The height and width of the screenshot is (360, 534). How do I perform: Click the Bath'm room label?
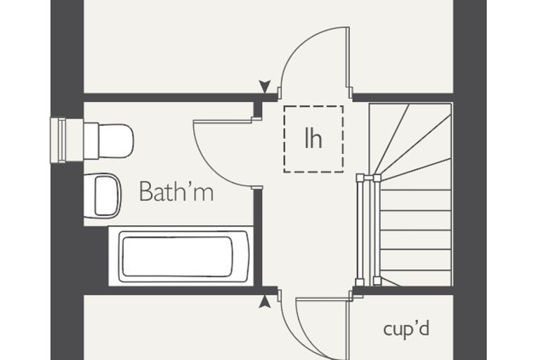176,191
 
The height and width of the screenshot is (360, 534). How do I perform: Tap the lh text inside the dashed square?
313,138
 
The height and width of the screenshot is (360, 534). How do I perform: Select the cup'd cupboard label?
406,329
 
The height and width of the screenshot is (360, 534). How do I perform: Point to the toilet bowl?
116,141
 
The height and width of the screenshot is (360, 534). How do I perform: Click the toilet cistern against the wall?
91,141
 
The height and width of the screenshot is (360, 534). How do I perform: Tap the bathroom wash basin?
102,195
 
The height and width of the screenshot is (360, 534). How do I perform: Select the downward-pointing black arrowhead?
265,86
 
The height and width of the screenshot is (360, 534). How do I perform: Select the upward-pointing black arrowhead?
265,302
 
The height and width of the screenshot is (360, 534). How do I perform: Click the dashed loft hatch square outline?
284,139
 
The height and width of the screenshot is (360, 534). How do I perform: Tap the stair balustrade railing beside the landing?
368,230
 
